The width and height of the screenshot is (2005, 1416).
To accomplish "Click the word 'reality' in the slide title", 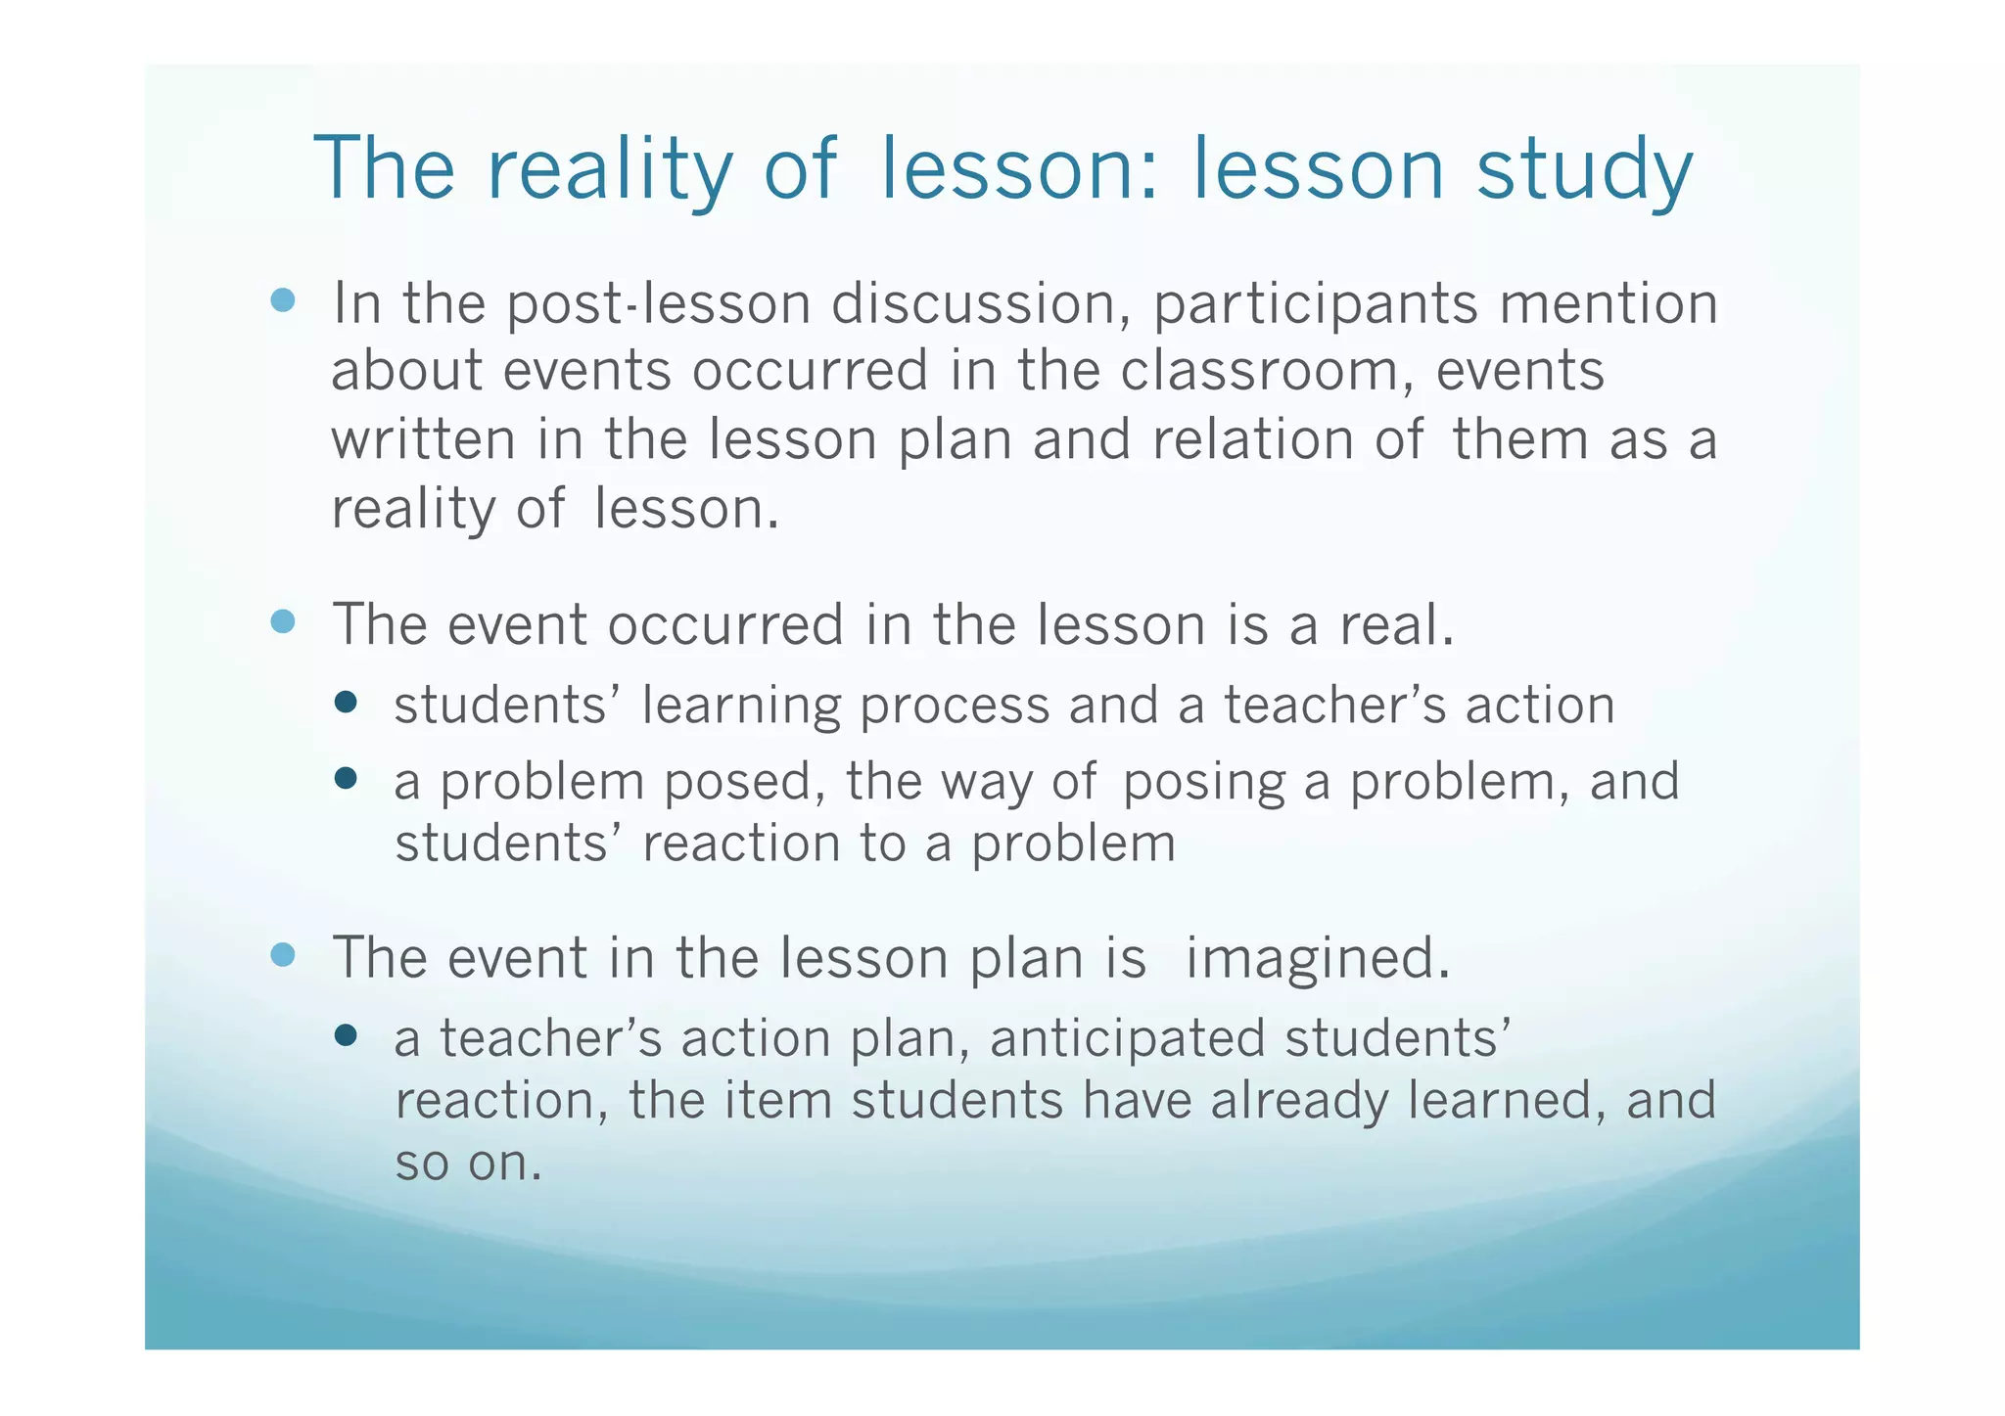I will click(x=609, y=169).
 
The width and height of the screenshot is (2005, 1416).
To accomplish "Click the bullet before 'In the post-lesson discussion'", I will click(x=283, y=299).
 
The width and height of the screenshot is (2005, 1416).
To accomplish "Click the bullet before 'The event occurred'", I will click(x=283, y=621).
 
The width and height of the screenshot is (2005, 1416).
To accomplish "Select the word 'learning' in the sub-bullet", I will click(x=741, y=707).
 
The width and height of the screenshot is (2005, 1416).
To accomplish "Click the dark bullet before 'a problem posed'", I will click(x=345, y=778).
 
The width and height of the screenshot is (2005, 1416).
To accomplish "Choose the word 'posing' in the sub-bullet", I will click(x=1203, y=784).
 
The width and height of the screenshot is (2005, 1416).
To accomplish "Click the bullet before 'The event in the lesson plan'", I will click(x=283, y=954).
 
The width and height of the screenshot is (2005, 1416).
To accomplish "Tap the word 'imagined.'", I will click(x=1318, y=959).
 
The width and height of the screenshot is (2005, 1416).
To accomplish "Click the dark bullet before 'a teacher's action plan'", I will click(x=345, y=1035).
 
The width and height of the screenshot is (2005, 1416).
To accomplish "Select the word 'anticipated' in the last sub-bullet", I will click(x=1127, y=1040).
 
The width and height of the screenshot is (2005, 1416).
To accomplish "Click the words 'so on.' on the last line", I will click(x=468, y=1164).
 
